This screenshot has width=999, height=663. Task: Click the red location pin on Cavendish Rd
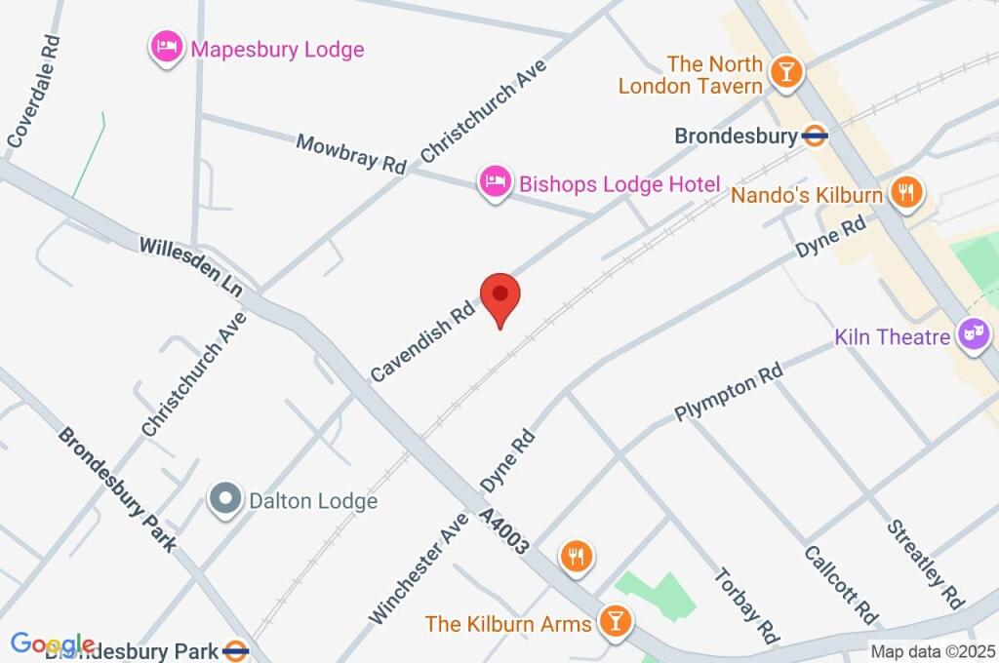click(x=500, y=295)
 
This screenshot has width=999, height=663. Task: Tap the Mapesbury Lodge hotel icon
click(x=167, y=48)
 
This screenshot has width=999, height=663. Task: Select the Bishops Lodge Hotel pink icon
click(x=496, y=181)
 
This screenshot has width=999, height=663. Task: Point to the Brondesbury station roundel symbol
click(x=815, y=136)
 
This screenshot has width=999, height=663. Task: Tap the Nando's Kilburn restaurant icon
click(x=907, y=193)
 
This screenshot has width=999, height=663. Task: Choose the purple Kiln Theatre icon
click(x=973, y=336)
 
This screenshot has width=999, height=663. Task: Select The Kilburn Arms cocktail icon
click(x=616, y=619)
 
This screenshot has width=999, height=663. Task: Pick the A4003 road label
click(x=503, y=531)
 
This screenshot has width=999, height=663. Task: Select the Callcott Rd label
click(x=839, y=585)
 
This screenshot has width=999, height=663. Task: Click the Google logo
click(x=52, y=644)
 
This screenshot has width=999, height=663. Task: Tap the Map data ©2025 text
click(x=931, y=651)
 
